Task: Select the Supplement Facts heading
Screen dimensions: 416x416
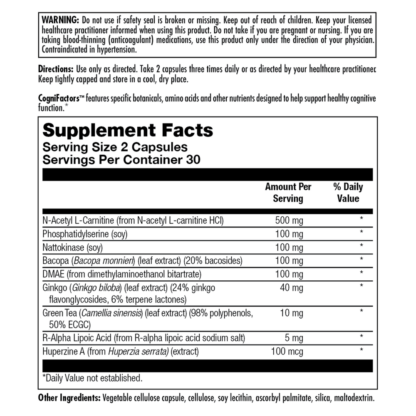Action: point(128,130)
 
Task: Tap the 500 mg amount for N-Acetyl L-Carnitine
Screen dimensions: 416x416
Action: point(289,220)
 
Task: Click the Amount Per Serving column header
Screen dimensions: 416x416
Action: point(288,193)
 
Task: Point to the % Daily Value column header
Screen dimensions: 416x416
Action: point(348,193)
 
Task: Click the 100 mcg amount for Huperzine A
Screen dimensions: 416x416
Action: point(287,352)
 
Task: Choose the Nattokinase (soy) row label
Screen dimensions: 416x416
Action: point(72,248)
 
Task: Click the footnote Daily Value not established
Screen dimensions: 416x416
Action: point(93,378)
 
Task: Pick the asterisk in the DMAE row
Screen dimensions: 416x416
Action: point(362,273)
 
